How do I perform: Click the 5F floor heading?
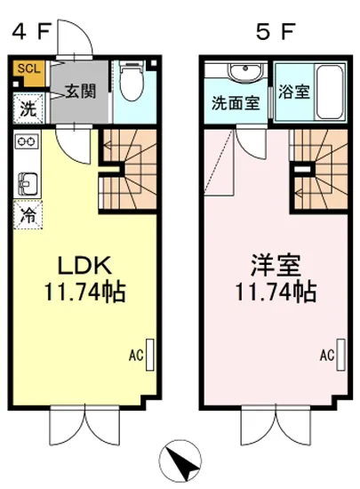point(275,32)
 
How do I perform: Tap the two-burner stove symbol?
point(25,141)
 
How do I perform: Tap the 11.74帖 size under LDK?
point(85,291)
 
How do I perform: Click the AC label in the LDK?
point(135,355)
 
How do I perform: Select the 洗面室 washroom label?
point(235,102)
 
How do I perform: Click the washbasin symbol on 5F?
point(238,73)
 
